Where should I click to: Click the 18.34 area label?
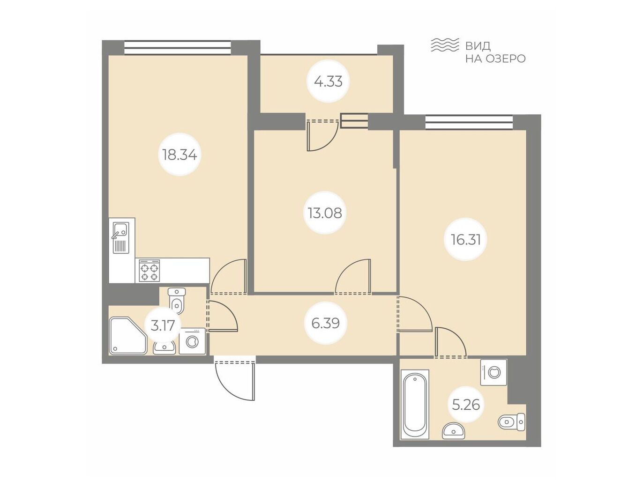tap(180, 155)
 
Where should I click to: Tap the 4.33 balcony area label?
tap(328, 81)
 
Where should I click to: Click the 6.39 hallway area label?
tap(326, 323)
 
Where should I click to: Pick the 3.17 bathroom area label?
tap(163, 325)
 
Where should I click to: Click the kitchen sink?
tap(121, 237)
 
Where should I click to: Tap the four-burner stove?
tap(150, 270)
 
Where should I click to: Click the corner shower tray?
tap(128, 336)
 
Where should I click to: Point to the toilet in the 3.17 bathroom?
tap(177, 301)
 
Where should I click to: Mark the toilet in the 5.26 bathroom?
tap(511, 421)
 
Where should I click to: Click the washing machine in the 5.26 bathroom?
tap(494, 372)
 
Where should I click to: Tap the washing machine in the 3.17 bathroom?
tap(192, 341)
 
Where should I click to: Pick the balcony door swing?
tap(322, 136)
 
